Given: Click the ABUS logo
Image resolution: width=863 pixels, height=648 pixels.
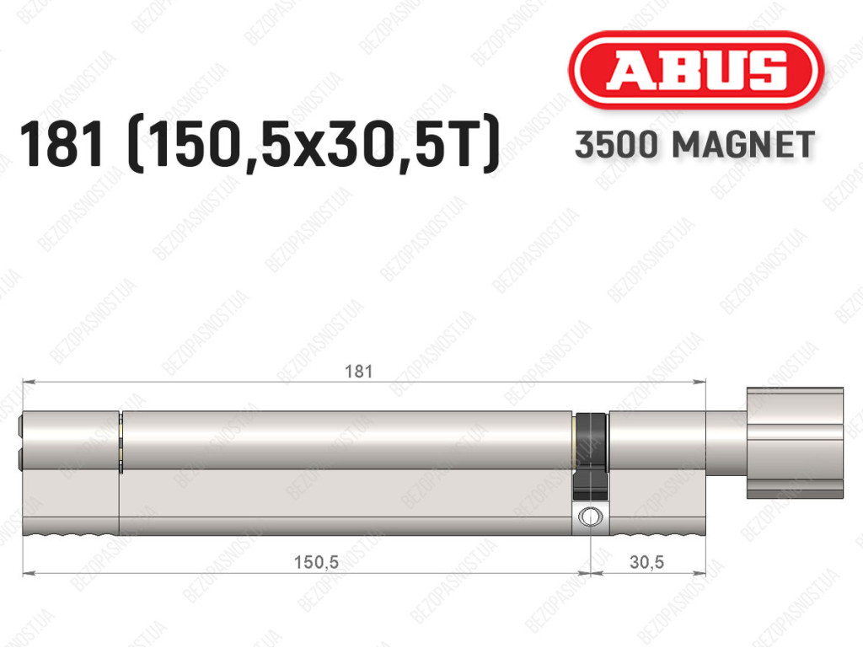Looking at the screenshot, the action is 695,71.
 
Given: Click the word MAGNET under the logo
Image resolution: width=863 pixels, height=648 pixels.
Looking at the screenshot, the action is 743,145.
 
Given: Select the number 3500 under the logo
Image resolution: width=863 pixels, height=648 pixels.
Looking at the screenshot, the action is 616,145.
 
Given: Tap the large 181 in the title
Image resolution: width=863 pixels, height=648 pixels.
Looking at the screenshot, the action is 61,145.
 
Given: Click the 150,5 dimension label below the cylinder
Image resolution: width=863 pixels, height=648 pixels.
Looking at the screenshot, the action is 316,562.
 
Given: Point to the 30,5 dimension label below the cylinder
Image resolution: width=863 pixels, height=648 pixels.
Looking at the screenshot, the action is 646,562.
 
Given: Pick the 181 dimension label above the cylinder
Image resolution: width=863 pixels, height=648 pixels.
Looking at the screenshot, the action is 358,372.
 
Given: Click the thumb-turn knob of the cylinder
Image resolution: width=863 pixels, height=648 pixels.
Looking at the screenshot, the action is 795,443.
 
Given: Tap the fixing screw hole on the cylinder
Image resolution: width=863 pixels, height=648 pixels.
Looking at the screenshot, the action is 590,517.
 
